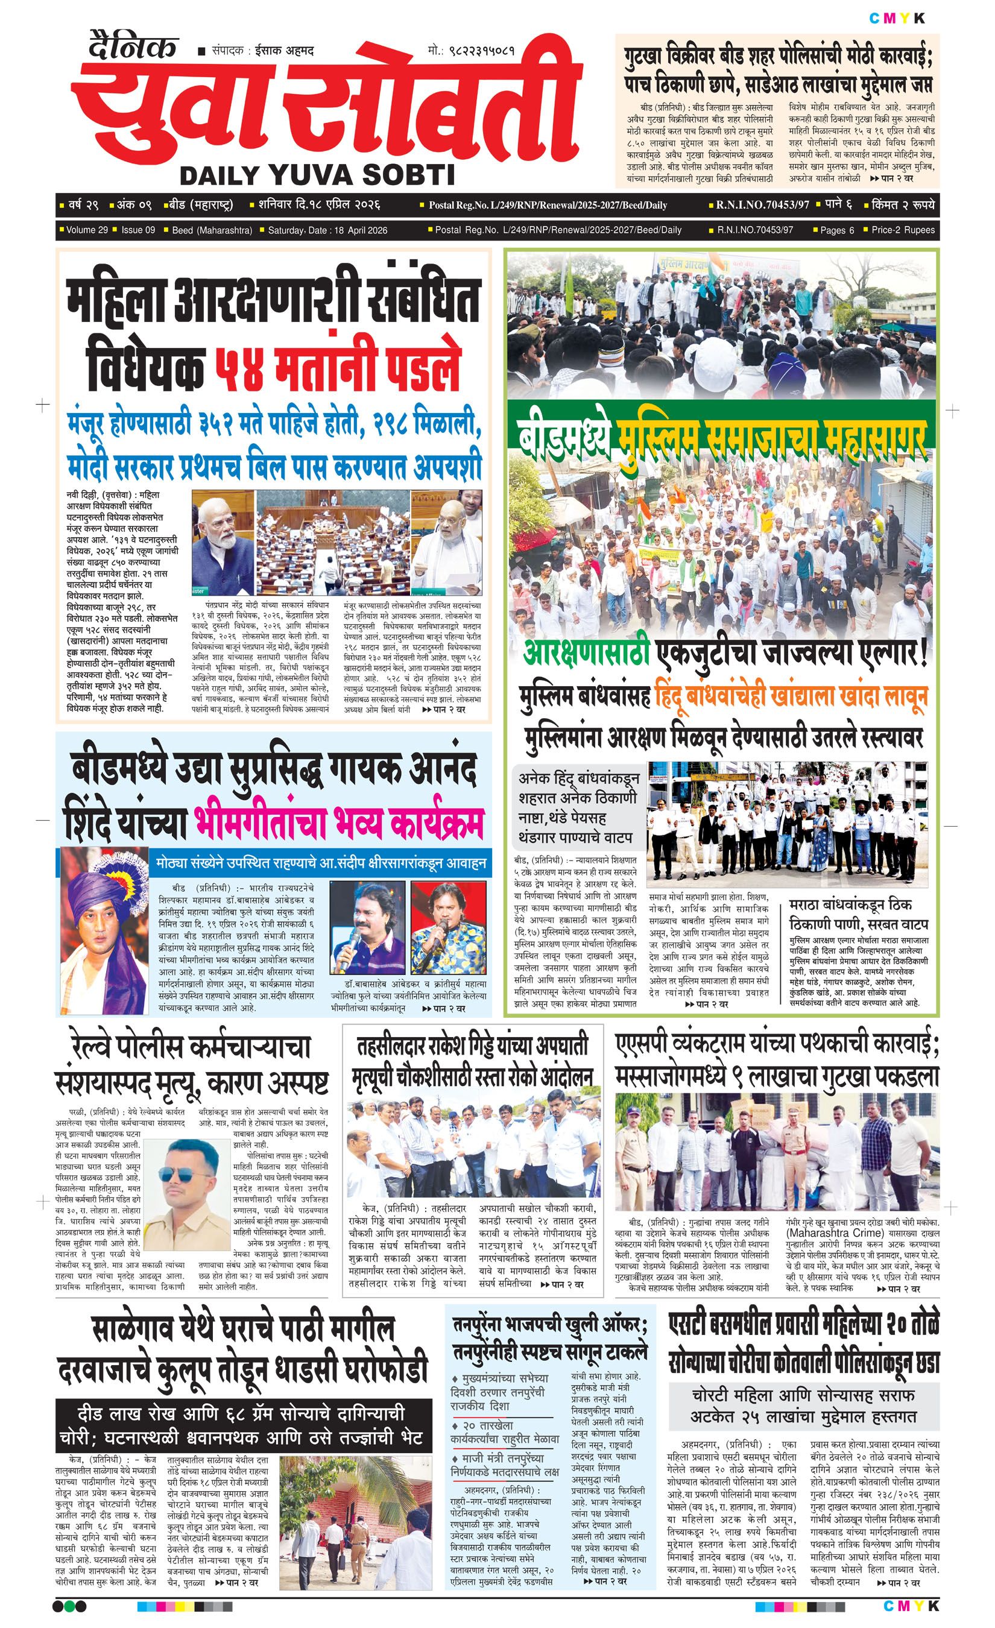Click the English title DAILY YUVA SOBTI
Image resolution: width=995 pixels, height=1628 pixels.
click(x=317, y=175)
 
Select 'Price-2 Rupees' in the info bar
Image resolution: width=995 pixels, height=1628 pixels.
click(x=903, y=230)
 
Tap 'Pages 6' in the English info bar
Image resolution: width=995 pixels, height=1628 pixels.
click(x=836, y=230)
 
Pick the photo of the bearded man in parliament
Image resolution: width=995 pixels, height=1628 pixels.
click(x=223, y=543)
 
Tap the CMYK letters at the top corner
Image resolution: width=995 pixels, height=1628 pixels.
click(x=897, y=18)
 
